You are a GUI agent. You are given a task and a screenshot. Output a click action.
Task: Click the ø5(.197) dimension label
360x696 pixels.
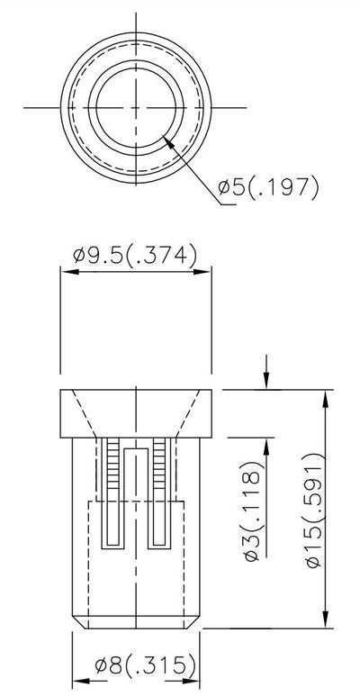(268, 188)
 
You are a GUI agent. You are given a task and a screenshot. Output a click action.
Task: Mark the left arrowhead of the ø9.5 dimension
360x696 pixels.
(65, 267)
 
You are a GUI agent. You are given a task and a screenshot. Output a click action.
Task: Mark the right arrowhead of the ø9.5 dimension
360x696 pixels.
(206, 267)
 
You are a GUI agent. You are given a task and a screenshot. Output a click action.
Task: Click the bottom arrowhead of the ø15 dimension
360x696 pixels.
(325, 620)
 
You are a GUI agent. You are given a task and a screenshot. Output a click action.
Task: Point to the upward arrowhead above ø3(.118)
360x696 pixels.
(265, 441)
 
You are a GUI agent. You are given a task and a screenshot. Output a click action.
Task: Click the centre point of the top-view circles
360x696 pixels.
(134, 107)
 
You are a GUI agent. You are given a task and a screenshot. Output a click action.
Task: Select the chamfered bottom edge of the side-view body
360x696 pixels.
(135, 622)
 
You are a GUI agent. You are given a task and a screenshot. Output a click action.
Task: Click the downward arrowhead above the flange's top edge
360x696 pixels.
(265, 383)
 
